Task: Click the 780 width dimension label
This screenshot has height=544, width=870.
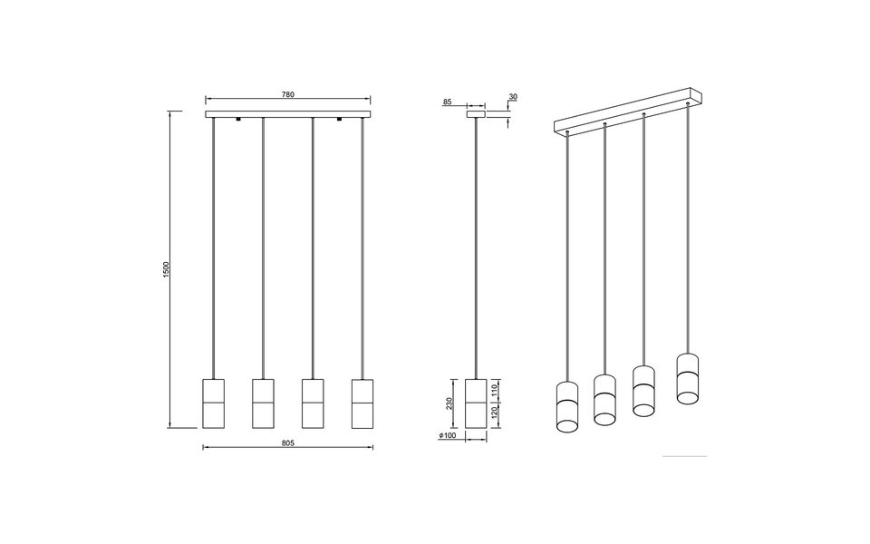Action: coord(288,94)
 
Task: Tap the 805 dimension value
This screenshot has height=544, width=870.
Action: coord(288,443)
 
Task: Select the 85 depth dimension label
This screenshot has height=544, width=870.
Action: coord(448,102)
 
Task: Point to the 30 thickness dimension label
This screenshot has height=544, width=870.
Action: coord(513,96)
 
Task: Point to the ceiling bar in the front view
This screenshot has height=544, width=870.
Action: coord(288,114)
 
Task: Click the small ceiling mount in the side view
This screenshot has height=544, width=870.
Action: coord(475,114)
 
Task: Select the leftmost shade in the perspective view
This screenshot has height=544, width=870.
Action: coord(567,410)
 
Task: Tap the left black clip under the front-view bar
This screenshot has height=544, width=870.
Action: coord(237,120)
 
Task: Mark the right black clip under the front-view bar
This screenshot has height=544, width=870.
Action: coord(339,120)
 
